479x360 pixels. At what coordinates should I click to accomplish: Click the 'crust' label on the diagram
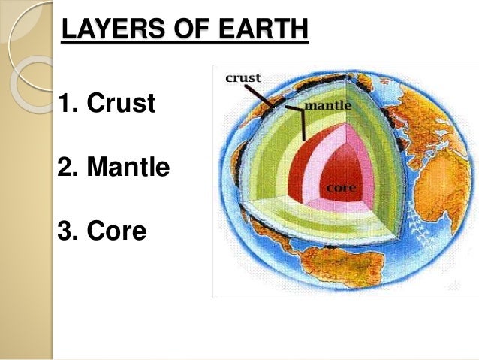click(x=243, y=77)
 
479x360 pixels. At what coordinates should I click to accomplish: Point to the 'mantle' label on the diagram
click(x=328, y=106)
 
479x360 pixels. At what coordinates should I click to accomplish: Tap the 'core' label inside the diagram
click(x=341, y=185)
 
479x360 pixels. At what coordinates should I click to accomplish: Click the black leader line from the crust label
click(x=268, y=95)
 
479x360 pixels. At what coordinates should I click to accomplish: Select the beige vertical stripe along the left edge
click(x=26, y=225)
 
